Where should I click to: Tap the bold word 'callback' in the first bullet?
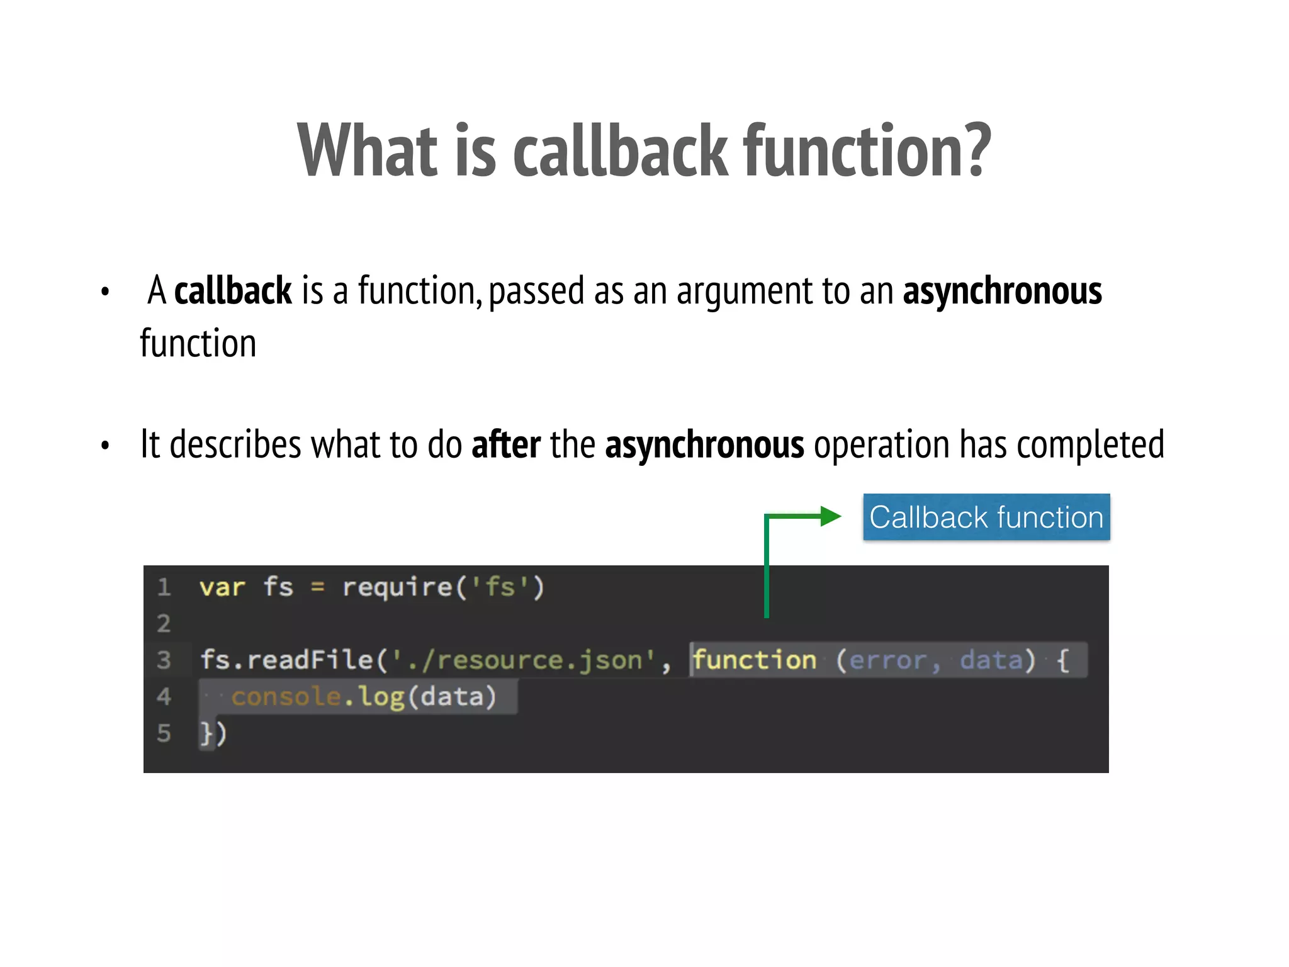coord(233,291)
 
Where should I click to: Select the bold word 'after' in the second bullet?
coord(506,444)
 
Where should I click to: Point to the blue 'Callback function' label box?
coord(986,517)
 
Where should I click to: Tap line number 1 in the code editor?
coord(164,587)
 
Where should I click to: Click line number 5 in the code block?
coord(164,733)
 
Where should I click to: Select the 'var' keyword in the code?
coord(222,587)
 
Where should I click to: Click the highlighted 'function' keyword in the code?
coord(755,660)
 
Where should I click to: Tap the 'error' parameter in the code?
coord(887,660)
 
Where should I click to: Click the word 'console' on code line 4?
coord(286,697)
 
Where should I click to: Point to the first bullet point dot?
coord(105,291)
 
